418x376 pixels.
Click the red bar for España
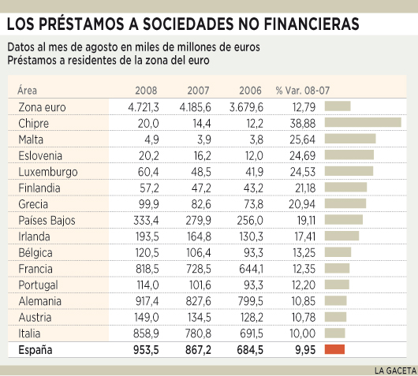coord(334,349)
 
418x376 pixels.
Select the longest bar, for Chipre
coord(363,123)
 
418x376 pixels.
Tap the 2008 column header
coord(146,91)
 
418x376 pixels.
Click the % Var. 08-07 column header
coord(303,91)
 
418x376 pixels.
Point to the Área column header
coord(27,91)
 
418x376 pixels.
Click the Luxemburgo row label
coord(48,172)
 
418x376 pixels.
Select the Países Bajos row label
coord(47,221)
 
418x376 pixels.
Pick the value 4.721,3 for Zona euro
coord(144,107)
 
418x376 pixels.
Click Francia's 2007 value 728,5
coord(198,269)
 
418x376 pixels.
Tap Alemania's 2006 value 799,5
coord(250,301)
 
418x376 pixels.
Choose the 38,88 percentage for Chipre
coord(303,124)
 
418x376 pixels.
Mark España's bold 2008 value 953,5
coord(146,350)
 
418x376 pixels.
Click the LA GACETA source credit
coord(395,370)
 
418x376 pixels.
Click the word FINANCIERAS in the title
coord(312,24)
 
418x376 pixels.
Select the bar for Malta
coord(350,139)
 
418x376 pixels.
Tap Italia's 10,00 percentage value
coord(303,333)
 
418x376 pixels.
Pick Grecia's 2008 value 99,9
coord(149,204)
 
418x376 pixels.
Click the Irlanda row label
coord(34,236)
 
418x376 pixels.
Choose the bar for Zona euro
coord(338,106)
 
